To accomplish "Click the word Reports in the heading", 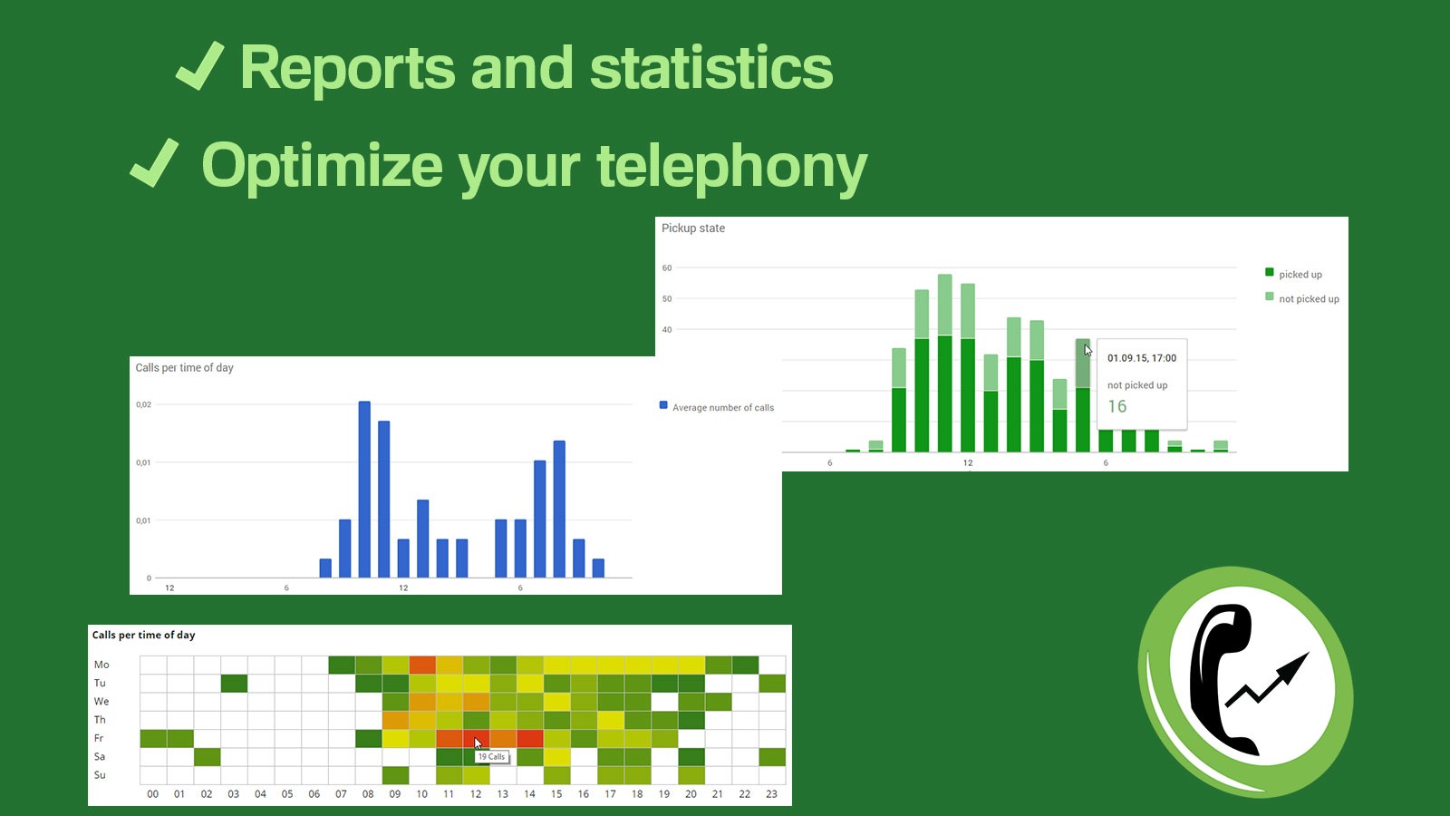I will point(348,69).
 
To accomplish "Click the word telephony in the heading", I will point(731,168).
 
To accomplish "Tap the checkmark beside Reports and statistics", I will point(199,66).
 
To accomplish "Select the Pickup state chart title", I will point(693,228).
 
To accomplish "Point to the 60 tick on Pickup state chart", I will point(667,268).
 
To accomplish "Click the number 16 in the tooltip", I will point(1117,407).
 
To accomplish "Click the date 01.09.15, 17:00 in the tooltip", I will point(1142,358).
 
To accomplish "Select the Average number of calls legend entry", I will point(722,408).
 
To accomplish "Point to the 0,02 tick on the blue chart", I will point(144,404).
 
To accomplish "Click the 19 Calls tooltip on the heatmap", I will point(492,757).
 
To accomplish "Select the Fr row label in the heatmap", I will point(99,739).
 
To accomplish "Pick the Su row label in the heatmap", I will point(100,775).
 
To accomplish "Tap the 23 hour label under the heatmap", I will point(771,794).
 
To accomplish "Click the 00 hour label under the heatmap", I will point(152,794).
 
